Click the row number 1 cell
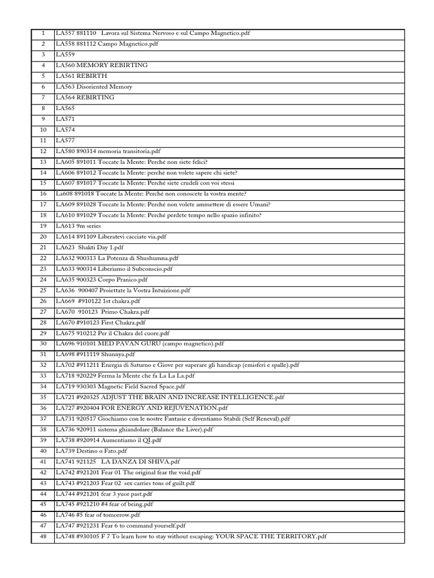(43, 33)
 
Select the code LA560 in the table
(65, 65)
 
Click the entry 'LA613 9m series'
(78, 226)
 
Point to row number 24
(43, 279)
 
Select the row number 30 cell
(43, 344)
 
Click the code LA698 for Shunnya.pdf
(65, 354)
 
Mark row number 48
(43, 537)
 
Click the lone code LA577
(65, 141)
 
